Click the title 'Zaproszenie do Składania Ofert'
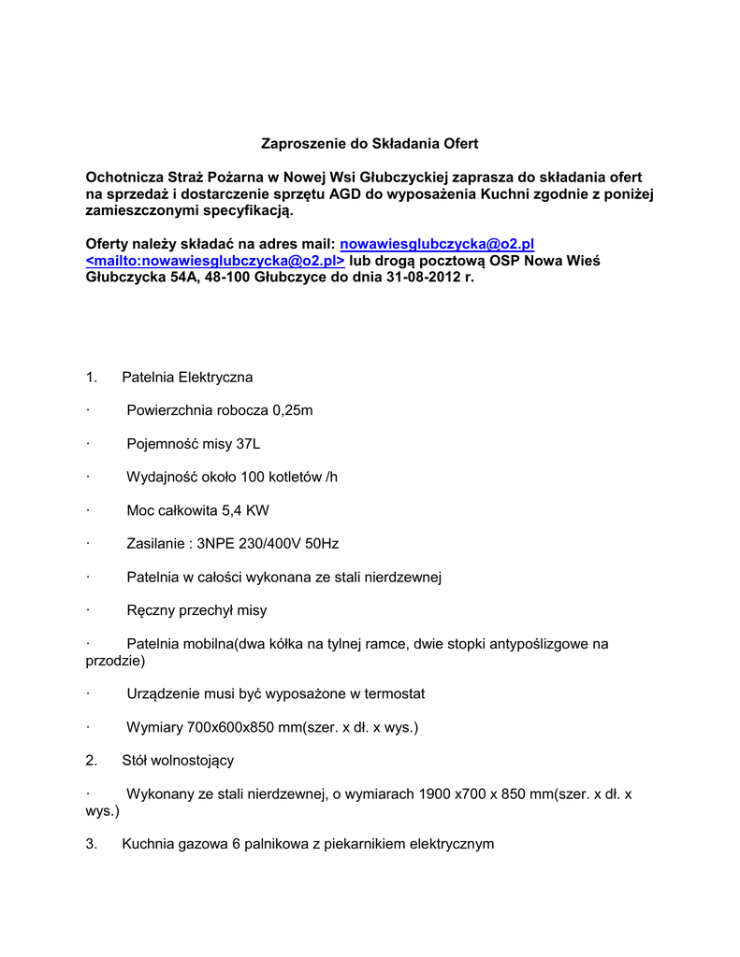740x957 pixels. pos(369,144)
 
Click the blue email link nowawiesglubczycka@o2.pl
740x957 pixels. pos(436,244)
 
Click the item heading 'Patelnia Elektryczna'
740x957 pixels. pos(187,378)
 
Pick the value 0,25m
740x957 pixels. pos(293,410)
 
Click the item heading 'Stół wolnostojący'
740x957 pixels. pos(178,761)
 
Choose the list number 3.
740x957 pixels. pos(91,844)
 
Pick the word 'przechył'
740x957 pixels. pos(211,610)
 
